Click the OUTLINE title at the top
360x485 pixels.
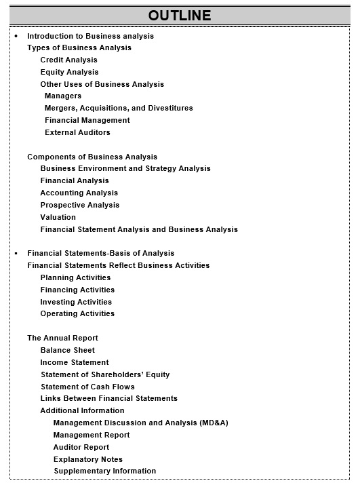point(180,16)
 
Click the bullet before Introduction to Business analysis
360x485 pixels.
point(16,36)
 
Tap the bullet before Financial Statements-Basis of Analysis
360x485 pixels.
point(16,253)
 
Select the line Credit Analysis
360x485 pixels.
point(68,60)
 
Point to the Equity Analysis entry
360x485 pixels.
point(69,72)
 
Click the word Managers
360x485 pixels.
point(63,96)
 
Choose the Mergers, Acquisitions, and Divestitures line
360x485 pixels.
point(119,108)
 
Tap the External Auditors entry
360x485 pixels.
point(77,132)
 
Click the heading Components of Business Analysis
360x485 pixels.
point(92,157)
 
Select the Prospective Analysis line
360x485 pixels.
point(79,205)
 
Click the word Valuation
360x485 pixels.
point(58,217)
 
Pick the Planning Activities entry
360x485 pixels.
point(75,277)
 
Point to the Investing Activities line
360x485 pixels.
point(76,302)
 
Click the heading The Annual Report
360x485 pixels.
point(62,338)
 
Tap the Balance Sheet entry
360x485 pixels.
point(68,350)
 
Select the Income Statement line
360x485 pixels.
point(75,362)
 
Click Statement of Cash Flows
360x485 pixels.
point(87,387)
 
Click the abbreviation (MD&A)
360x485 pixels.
point(214,423)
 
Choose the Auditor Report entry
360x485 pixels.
point(81,447)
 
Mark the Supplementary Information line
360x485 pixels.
point(105,471)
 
